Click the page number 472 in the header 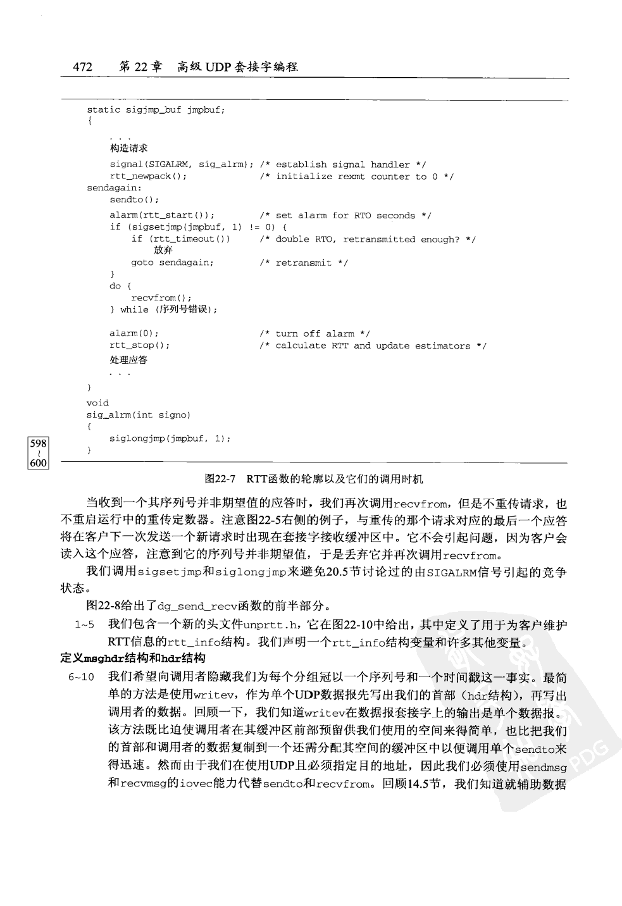pyautogui.click(x=83, y=67)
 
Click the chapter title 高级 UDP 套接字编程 pyautogui.click(x=238, y=67)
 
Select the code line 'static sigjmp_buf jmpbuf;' pyautogui.click(x=156, y=109)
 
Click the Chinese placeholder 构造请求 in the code pyautogui.click(x=128, y=148)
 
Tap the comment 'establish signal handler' pyautogui.click(x=351, y=164)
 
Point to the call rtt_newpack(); pyautogui.click(x=148, y=177)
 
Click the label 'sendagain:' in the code pyautogui.click(x=114, y=188)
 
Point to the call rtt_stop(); pyautogui.click(x=139, y=345)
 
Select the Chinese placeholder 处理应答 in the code pyautogui.click(x=128, y=360)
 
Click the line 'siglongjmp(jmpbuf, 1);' pyautogui.click(x=170, y=438)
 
